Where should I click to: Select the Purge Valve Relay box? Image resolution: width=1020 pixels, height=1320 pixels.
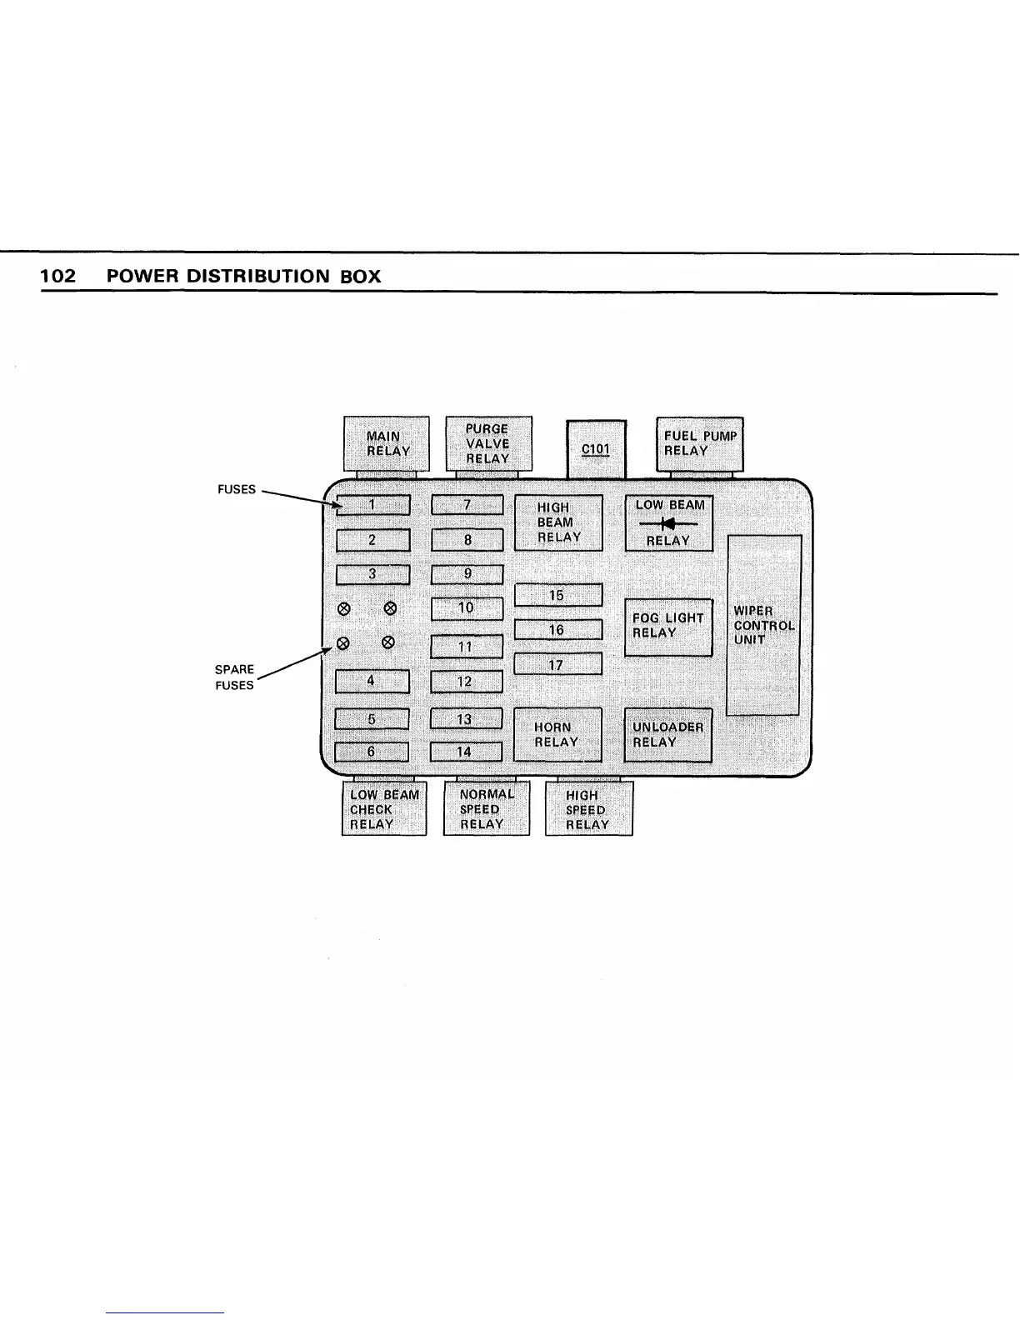(488, 443)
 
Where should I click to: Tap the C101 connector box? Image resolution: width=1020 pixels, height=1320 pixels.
(596, 448)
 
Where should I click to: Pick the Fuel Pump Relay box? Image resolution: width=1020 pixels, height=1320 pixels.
(700, 443)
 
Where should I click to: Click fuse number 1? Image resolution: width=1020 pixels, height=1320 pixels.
(372, 505)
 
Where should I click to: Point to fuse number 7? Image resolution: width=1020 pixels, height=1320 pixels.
(467, 505)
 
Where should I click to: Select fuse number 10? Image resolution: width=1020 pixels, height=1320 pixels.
(467, 608)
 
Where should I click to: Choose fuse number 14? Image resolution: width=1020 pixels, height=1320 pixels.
(465, 752)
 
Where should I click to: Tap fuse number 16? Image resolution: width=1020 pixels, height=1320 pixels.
(557, 630)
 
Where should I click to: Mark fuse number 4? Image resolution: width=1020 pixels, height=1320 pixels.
(372, 682)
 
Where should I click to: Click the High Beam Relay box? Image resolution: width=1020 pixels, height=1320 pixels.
(557, 522)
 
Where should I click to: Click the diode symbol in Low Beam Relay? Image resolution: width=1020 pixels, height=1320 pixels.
(667, 523)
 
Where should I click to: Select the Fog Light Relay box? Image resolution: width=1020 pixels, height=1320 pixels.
(668, 627)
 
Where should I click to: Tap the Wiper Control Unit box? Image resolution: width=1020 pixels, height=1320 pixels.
(764, 625)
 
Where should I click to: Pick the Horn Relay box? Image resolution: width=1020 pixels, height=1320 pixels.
(557, 734)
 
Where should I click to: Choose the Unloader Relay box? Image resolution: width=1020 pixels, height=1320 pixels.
(668, 734)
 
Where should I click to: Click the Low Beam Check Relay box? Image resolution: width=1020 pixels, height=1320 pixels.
(384, 808)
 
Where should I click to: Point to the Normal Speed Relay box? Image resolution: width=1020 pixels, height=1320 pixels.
(486, 808)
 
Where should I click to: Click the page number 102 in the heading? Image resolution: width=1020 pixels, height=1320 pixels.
(58, 277)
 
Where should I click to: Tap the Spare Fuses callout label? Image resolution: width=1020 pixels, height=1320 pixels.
(234, 677)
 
